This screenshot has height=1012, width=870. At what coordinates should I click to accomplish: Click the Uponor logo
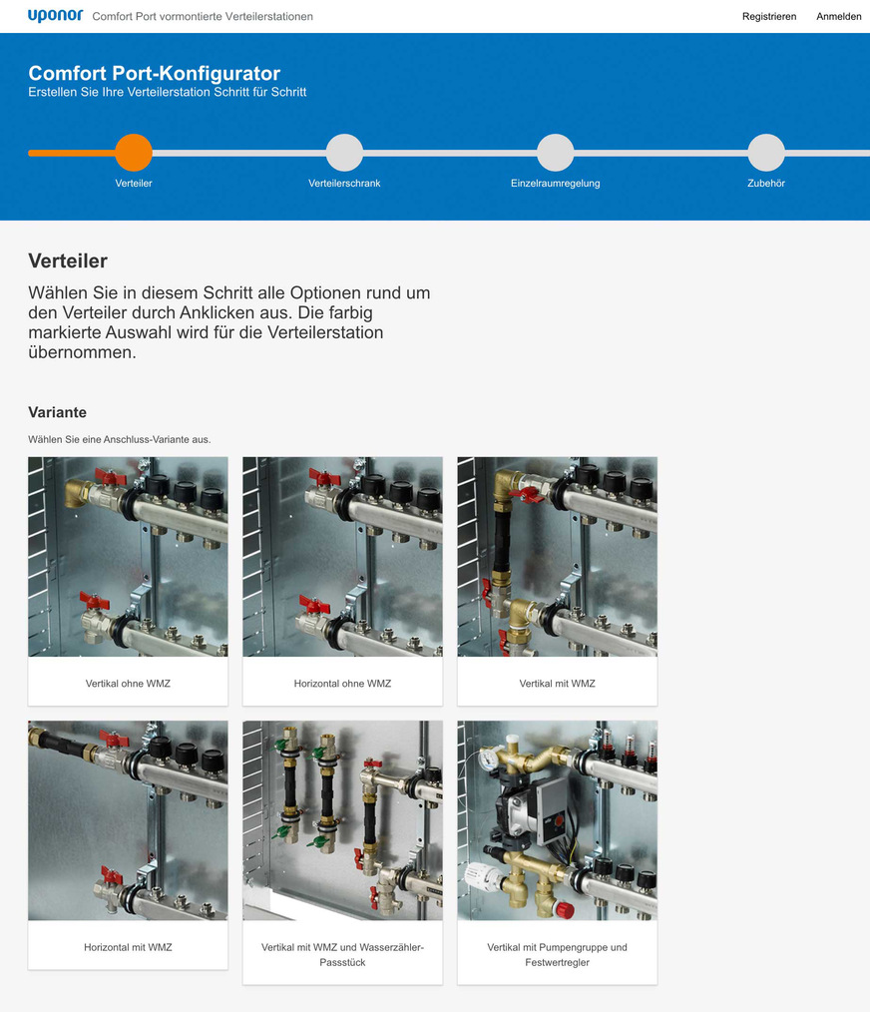pyautogui.click(x=56, y=16)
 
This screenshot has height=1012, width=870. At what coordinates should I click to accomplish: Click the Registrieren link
pyautogui.click(x=768, y=17)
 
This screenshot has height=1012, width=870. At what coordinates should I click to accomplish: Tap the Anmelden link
pyautogui.click(x=838, y=17)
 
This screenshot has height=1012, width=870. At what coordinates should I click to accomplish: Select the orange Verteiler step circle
pyautogui.click(x=134, y=153)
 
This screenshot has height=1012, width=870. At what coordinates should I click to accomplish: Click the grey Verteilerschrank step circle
pyautogui.click(x=344, y=153)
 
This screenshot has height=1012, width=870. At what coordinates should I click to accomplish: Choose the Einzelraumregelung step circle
pyautogui.click(x=555, y=153)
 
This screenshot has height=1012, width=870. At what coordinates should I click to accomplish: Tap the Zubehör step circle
pyautogui.click(x=766, y=153)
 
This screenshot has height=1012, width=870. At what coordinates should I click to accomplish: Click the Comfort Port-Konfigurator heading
pyautogui.click(x=155, y=73)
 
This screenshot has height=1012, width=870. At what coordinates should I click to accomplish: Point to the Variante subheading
pyautogui.click(x=58, y=412)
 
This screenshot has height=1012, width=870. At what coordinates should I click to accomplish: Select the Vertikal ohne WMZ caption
pyautogui.click(x=128, y=684)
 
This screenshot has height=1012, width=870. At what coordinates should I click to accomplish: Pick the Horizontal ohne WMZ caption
pyautogui.click(x=342, y=684)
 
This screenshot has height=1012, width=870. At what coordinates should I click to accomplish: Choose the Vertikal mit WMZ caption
pyautogui.click(x=557, y=684)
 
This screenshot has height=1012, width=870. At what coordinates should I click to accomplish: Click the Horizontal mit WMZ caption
pyautogui.click(x=128, y=947)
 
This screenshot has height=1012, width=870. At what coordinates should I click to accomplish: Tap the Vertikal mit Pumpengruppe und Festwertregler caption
pyautogui.click(x=557, y=954)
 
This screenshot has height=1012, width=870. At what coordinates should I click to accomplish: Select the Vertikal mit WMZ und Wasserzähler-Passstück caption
pyautogui.click(x=342, y=954)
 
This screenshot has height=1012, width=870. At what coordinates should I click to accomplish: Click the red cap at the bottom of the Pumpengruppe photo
pyautogui.click(x=565, y=910)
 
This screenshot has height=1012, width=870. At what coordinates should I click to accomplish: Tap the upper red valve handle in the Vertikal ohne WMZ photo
pyautogui.click(x=111, y=478)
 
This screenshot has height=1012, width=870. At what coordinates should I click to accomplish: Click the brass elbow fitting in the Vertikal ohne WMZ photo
pyautogui.click(x=78, y=496)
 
